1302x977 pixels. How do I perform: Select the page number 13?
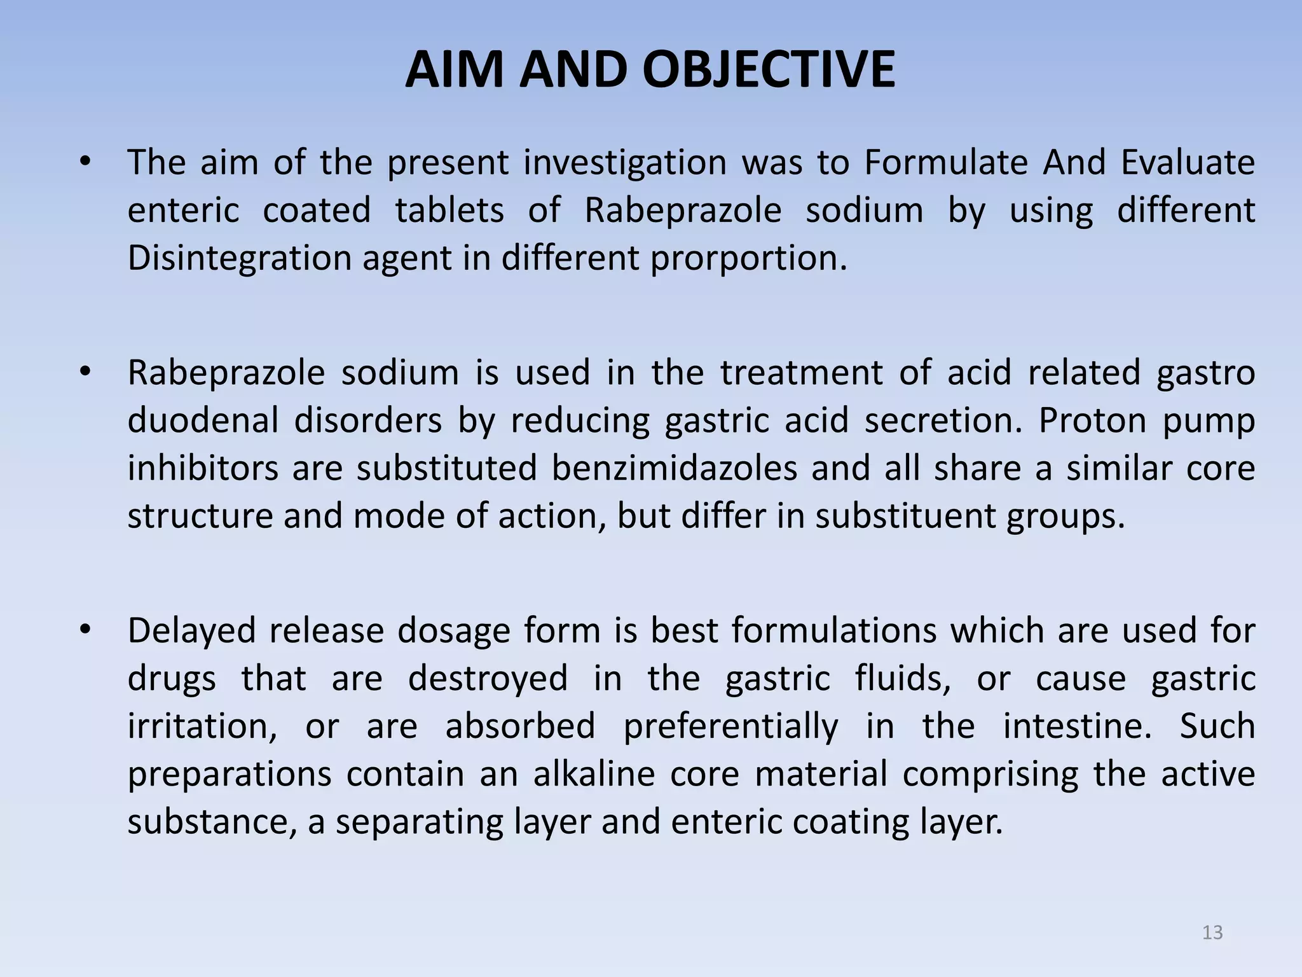coord(1212,932)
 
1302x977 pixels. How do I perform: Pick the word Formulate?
coord(945,162)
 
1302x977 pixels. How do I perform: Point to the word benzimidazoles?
coord(674,468)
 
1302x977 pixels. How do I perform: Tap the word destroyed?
coord(488,678)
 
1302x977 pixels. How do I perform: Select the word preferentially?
coord(730,727)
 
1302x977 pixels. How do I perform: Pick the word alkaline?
coord(594,774)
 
